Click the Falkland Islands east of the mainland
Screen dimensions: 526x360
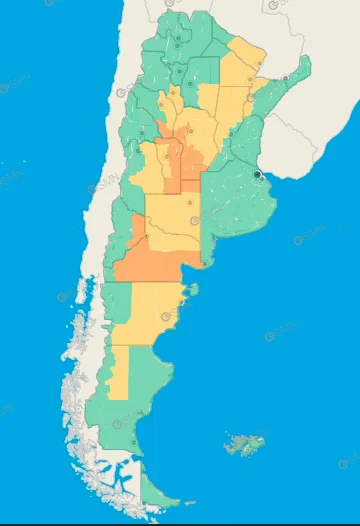246,443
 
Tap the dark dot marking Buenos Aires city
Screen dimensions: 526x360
257,174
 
